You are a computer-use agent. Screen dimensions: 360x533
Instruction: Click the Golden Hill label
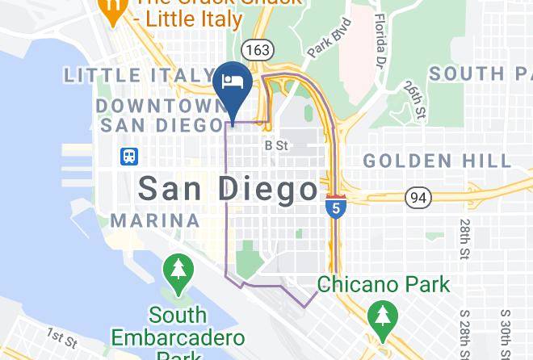coord(436,161)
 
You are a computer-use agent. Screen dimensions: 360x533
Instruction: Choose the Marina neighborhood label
coord(155,220)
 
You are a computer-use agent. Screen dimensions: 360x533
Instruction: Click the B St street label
coord(276,146)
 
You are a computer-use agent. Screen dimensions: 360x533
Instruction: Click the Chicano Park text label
coord(383,284)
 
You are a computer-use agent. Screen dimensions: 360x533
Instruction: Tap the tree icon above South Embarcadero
coord(177,270)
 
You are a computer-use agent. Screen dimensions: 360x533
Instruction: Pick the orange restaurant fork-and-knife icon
coord(111,7)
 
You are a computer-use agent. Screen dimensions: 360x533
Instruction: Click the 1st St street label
coord(61,335)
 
